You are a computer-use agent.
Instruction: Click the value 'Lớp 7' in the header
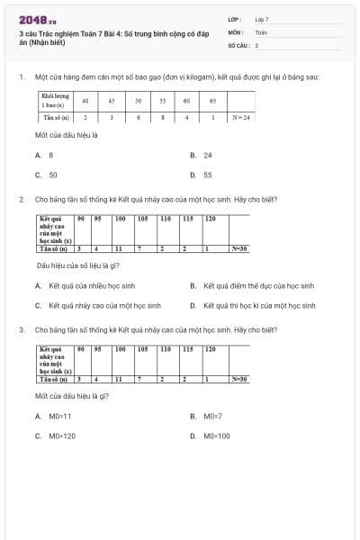262,19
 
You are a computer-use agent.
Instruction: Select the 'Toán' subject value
261,31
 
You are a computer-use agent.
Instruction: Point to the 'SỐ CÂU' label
238,44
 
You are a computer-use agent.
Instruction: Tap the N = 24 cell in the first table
240,117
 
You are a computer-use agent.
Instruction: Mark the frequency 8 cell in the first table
162,117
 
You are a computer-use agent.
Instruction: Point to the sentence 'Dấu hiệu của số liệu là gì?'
78,265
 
